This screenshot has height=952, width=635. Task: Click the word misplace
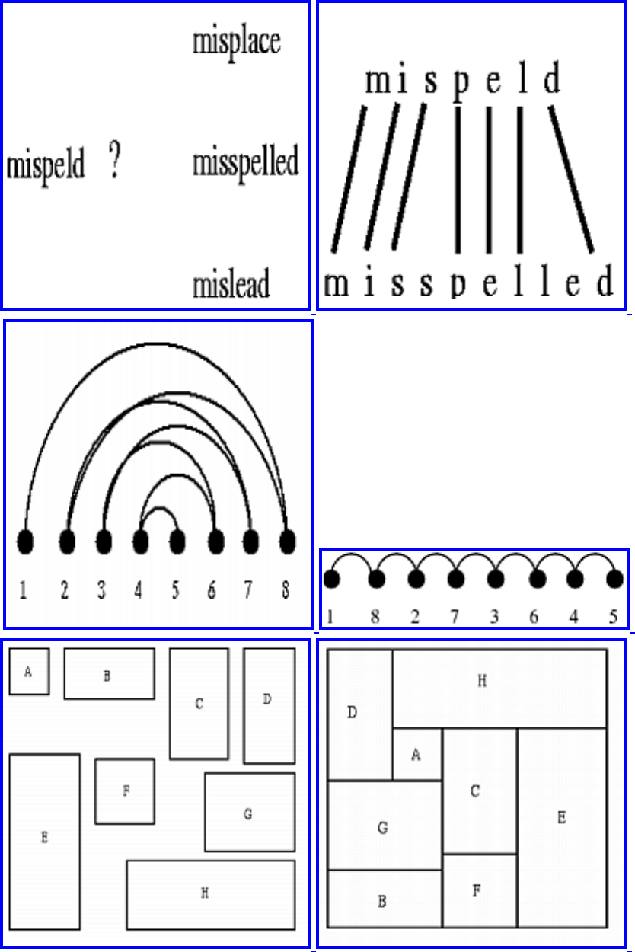237,42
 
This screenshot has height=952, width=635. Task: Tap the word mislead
231,286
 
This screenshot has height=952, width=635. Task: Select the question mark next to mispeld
114,161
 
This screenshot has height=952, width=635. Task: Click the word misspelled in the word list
245,163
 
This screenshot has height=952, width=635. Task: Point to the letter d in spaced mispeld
552,79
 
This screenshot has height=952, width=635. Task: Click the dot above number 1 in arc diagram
25,542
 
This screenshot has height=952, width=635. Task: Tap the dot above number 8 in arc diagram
287,542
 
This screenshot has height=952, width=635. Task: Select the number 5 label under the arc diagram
176,591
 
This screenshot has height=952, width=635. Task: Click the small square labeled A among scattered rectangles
29,672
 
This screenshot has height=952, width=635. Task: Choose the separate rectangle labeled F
125,791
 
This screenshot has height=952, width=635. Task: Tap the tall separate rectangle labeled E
44,841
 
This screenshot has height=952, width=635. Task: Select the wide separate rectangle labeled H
210,895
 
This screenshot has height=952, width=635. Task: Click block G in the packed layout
384,827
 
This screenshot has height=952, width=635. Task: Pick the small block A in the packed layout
416,754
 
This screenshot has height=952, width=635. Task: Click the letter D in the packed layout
352,713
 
